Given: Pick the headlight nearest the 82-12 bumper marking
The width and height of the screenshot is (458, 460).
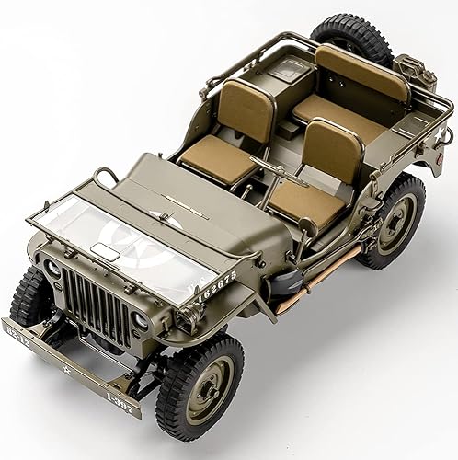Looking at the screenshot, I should click(52, 270).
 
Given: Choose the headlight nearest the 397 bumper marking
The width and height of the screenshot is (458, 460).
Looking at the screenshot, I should click(141, 321).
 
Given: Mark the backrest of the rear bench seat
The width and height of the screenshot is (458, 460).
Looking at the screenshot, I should click(361, 72).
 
